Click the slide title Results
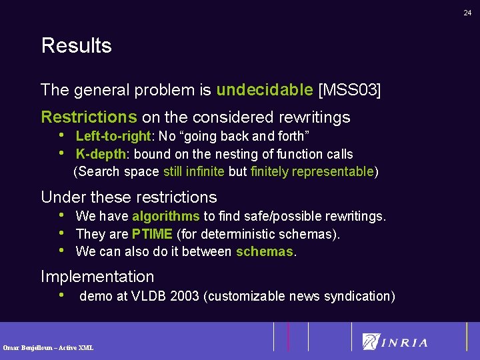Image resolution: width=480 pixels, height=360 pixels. (x=76, y=46)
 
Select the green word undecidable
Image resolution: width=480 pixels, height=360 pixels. (x=265, y=89)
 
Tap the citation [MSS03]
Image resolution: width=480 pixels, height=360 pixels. (x=350, y=89)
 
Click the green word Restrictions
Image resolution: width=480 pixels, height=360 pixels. (x=89, y=117)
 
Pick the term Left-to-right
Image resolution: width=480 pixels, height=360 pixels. (x=114, y=137)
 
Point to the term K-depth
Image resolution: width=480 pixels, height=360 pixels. (x=101, y=154)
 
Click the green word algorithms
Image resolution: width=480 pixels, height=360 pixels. (x=166, y=216)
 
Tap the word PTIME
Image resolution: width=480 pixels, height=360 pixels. (x=152, y=234)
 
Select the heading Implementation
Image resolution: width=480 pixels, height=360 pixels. (x=97, y=277)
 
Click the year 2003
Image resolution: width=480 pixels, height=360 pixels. (x=184, y=296)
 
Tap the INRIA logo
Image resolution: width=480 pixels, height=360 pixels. (x=395, y=342)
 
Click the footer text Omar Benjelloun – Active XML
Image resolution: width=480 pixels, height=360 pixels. (x=48, y=347)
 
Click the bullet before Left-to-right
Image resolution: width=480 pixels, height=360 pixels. (x=62, y=136)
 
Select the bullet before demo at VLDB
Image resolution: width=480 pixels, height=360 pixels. (x=62, y=295)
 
